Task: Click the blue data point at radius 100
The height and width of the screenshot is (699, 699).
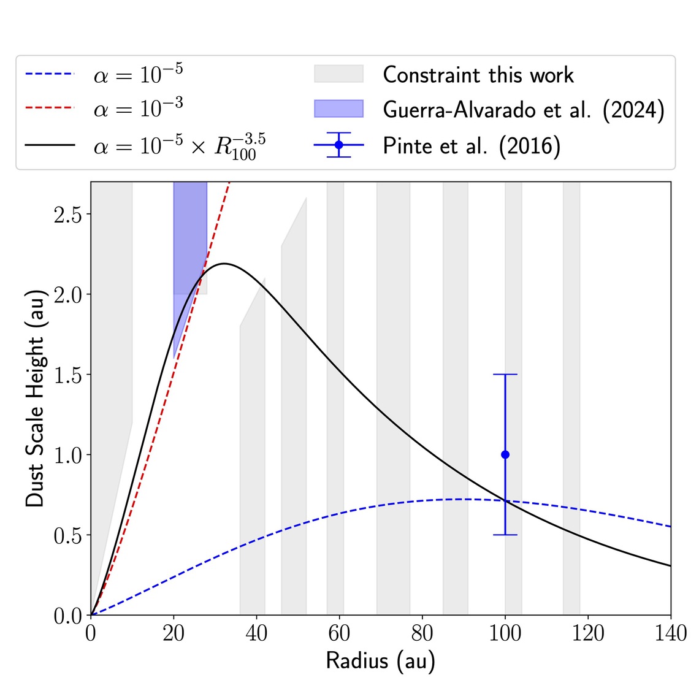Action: [505, 454]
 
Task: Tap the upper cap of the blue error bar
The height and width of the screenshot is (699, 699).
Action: [505, 374]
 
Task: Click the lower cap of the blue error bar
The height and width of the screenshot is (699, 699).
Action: [505, 535]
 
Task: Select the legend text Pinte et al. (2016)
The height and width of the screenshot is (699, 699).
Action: [472, 146]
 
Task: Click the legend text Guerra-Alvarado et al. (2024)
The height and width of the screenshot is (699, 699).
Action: [524, 110]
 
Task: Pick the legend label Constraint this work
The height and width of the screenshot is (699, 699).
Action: [478, 75]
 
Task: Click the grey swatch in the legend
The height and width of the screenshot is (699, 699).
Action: [338, 74]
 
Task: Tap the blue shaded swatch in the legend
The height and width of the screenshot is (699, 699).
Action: [338, 109]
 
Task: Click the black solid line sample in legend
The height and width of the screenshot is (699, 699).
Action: [50, 145]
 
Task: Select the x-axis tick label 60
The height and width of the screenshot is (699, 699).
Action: [339, 633]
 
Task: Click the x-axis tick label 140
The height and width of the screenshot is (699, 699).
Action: [670, 633]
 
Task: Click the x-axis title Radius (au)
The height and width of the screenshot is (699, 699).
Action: [380, 660]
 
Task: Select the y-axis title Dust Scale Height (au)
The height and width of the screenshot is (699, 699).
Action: [35, 399]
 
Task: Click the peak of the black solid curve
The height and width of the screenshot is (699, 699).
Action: [224, 264]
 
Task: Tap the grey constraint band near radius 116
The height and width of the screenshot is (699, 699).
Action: [571, 399]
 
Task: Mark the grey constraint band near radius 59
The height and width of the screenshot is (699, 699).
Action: [335, 399]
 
